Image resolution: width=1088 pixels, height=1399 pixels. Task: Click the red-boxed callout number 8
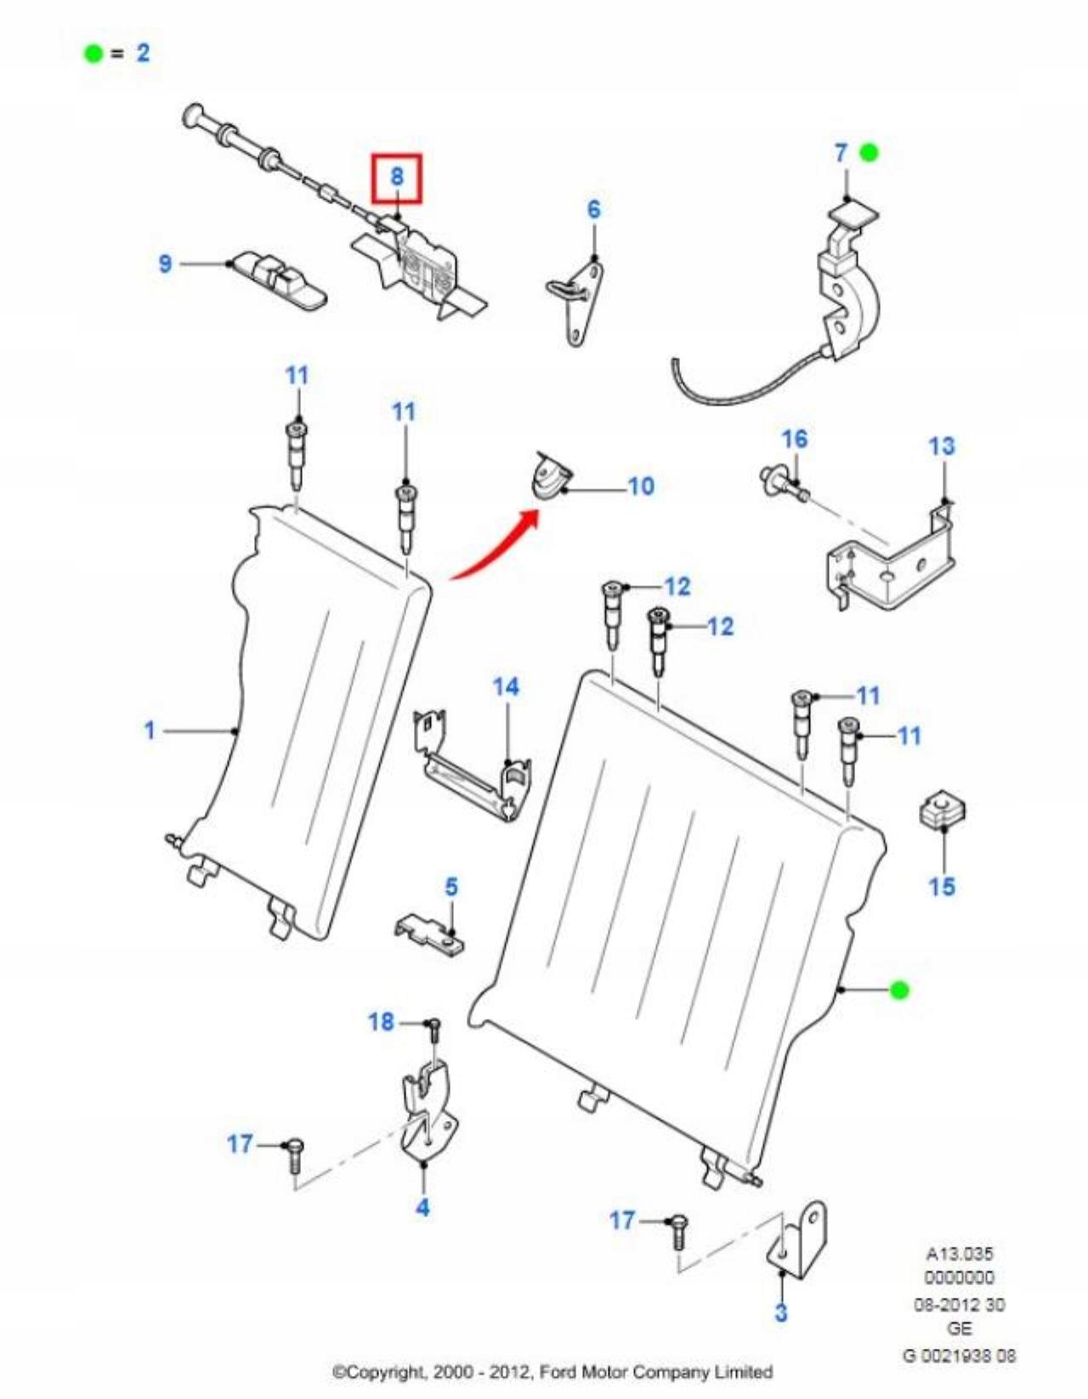(396, 178)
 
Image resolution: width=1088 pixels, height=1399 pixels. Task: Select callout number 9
(166, 264)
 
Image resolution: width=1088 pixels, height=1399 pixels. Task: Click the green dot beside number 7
(868, 153)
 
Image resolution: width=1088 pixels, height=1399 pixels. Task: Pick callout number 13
(941, 446)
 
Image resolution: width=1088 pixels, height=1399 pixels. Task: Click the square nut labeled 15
(942, 812)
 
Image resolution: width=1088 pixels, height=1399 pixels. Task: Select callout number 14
(506, 687)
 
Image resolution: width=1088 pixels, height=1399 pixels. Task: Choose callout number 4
(422, 1206)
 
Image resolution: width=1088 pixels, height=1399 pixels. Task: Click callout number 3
(781, 1311)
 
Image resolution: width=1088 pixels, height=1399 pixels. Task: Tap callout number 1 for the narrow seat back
(150, 730)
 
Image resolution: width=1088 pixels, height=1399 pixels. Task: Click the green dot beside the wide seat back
(898, 990)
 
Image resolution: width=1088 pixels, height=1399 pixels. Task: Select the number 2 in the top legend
(143, 53)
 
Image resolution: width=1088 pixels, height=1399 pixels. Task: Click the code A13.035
(959, 1254)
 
